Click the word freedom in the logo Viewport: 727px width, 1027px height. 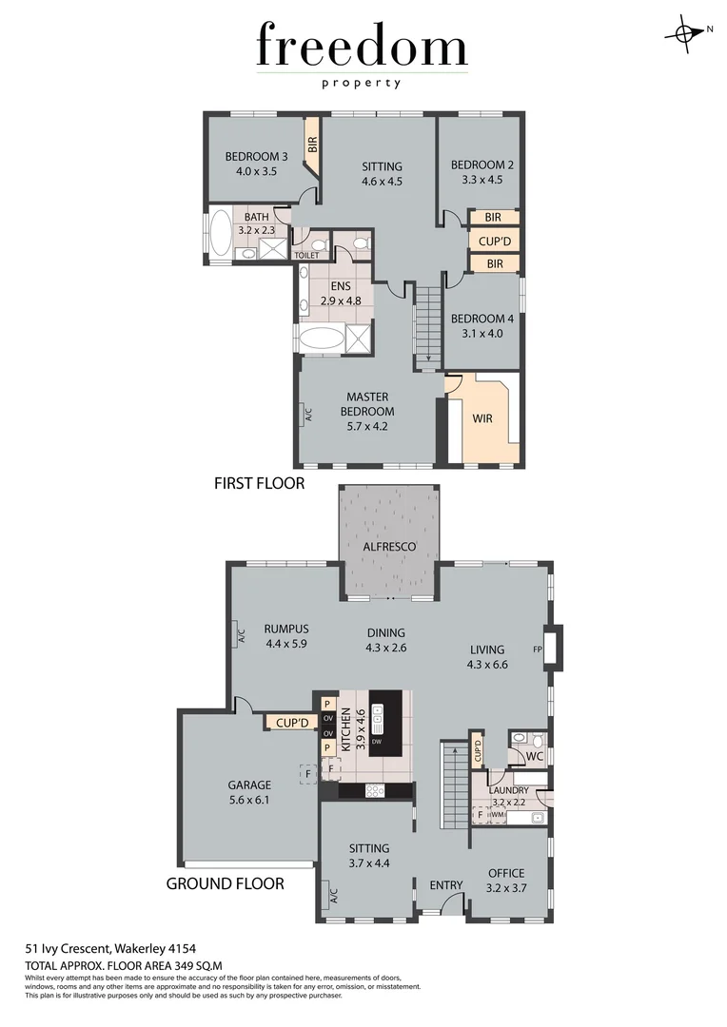(362, 48)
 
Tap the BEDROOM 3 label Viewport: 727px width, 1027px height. (256, 157)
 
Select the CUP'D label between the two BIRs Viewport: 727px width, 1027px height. (495, 241)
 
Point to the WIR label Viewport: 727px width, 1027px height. (482, 418)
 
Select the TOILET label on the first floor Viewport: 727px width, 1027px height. (306, 256)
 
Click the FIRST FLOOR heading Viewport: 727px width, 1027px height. (259, 484)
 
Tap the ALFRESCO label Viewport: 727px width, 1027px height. (390, 547)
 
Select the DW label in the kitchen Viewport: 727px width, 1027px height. (378, 742)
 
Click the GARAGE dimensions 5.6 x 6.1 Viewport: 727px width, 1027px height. (249, 800)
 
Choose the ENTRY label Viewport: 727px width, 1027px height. (446, 885)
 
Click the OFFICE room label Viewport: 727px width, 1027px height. (506, 873)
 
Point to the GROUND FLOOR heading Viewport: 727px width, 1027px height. (226, 883)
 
